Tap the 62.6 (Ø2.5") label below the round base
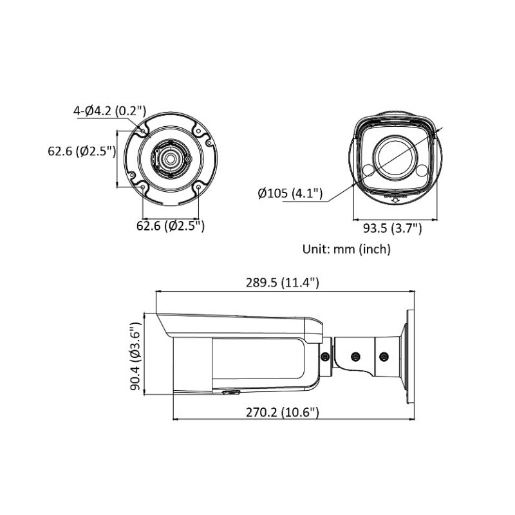(x=171, y=225)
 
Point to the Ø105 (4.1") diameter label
(x=290, y=193)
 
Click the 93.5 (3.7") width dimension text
(x=393, y=227)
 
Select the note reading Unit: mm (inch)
(x=346, y=248)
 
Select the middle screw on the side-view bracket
(x=355, y=355)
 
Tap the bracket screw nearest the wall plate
(x=384, y=356)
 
